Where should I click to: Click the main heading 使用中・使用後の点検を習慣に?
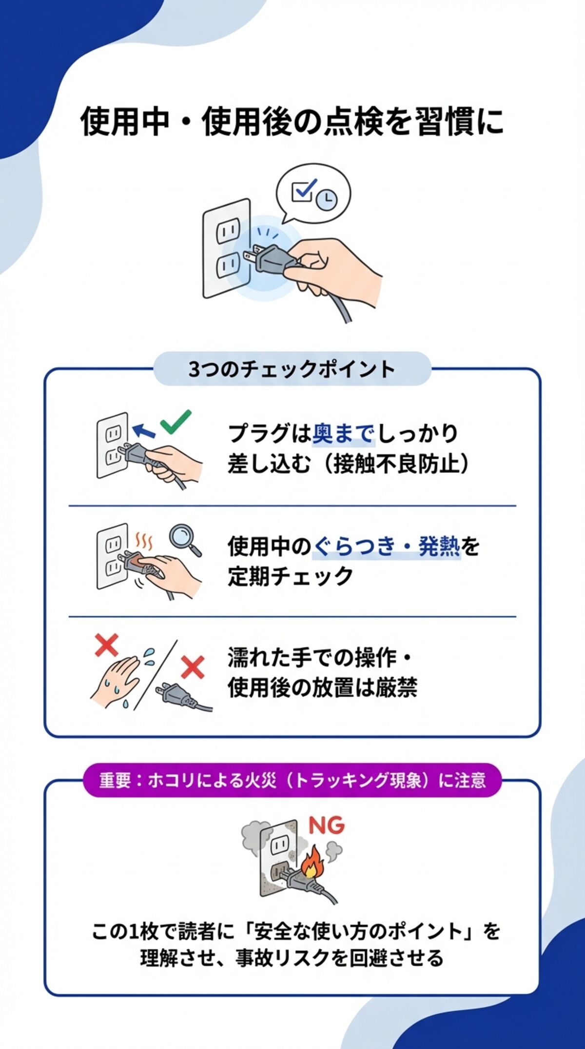click(292, 121)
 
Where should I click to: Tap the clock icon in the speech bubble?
click(326, 199)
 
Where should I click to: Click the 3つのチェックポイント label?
click(292, 369)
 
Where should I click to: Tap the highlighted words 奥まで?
click(343, 433)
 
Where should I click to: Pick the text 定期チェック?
click(291, 576)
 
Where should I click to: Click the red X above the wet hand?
click(107, 645)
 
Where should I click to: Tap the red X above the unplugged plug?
click(193, 667)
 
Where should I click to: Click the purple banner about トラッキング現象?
click(292, 780)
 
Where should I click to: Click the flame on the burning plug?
click(311, 863)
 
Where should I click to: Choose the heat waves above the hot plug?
click(144, 541)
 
